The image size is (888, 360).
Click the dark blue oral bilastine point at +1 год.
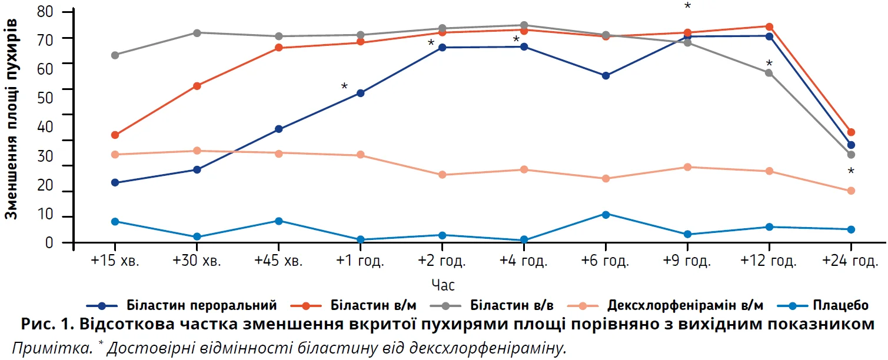(x=360, y=93)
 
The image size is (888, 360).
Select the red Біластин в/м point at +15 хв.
(x=115, y=135)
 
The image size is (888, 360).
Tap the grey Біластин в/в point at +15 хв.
(x=115, y=55)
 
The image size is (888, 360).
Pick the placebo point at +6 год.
(x=606, y=214)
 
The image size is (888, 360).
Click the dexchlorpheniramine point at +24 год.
(x=851, y=191)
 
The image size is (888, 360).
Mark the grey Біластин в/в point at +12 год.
(x=769, y=72)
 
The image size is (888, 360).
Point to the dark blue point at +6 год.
(x=606, y=75)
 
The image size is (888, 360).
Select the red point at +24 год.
(x=851, y=132)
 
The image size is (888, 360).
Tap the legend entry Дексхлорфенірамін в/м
(x=686, y=305)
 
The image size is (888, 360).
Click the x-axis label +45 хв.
(x=278, y=261)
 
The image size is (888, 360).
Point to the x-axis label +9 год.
(x=687, y=261)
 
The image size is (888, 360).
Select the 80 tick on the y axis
(x=45, y=11)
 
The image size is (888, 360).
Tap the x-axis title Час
(x=443, y=285)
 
